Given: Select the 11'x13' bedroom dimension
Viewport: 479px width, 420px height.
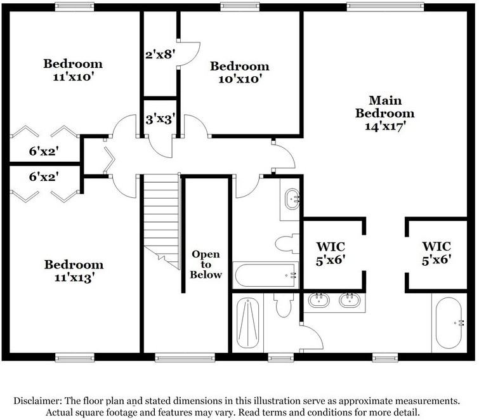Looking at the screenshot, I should tap(73, 277).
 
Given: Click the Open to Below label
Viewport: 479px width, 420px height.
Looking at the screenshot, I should tap(207, 265).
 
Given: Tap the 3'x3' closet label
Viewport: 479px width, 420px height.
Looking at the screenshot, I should tap(159, 118).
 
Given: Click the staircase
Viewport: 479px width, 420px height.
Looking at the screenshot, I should tap(161, 216).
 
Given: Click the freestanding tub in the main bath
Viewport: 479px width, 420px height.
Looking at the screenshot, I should tap(454, 322).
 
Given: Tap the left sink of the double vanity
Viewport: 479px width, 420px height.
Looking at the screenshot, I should tap(317, 299).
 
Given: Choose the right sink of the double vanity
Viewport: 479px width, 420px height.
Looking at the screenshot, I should tap(350, 299).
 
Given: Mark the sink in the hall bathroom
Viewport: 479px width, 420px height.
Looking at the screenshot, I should tap(292, 199).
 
